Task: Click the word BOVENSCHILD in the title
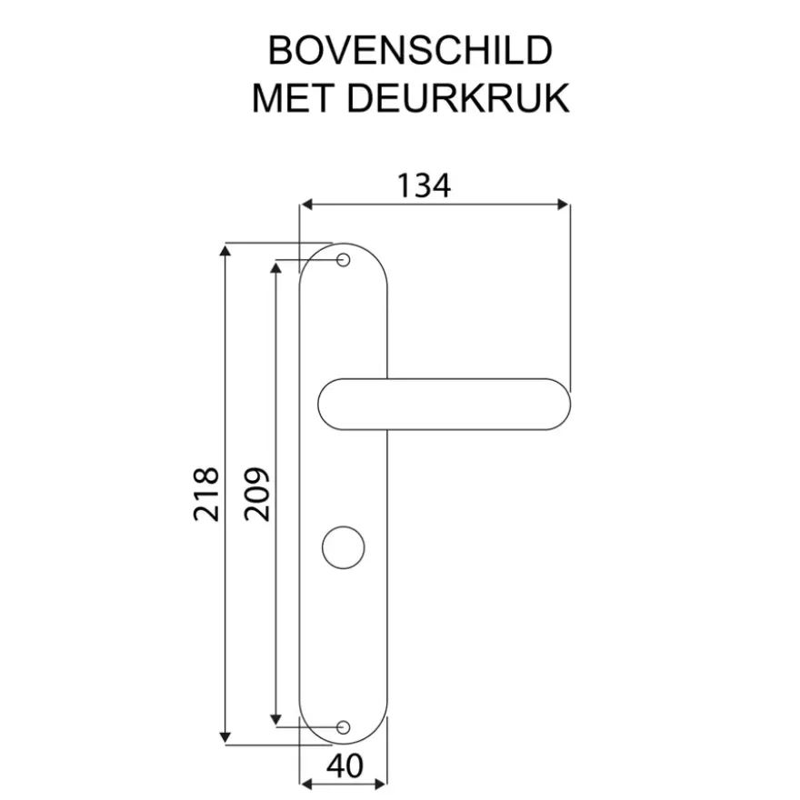tap(410, 50)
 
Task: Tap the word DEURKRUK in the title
tap(458, 98)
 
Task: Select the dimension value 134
tap(424, 185)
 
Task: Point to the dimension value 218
tap(206, 494)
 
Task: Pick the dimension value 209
tap(256, 494)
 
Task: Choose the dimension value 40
tap(345, 765)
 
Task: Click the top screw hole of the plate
tap(344, 260)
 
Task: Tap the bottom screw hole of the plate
tap(344, 727)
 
